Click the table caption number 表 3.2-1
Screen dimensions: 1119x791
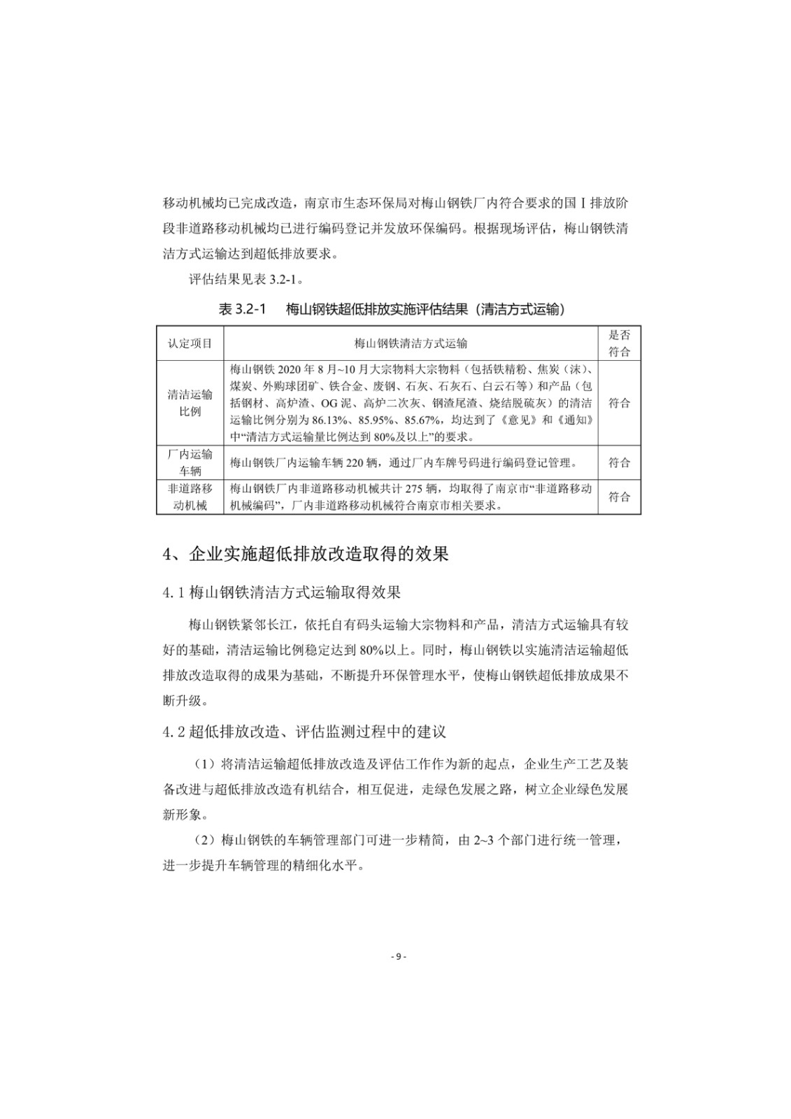pyautogui.click(x=243, y=309)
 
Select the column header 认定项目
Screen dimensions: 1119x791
pyautogui.click(x=190, y=343)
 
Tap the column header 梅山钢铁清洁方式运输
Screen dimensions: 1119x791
pyautogui.click(x=411, y=343)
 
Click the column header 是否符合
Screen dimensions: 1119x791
pyautogui.click(x=619, y=343)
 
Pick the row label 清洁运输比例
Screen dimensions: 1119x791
pyautogui.click(x=190, y=403)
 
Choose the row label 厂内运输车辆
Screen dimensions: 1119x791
pyautogui.click(x=190, y=462)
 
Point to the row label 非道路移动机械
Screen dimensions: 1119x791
pyautogui.click(x=190, y=497)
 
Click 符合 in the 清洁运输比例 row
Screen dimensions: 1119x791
pyautogui.click(x=619, y=403)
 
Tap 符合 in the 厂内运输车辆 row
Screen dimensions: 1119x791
pyautogui.click(x=619, y=462)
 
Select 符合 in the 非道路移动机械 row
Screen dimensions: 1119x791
pyautogui.click(x=619, y=497)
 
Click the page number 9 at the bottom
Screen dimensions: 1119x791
pyautogui.click(x=396, y=957)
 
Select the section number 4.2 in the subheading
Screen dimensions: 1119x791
pyautogui.click(x=173, y=732)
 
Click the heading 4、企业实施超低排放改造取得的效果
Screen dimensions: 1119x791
pyautogui.click(x=306, y=555)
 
